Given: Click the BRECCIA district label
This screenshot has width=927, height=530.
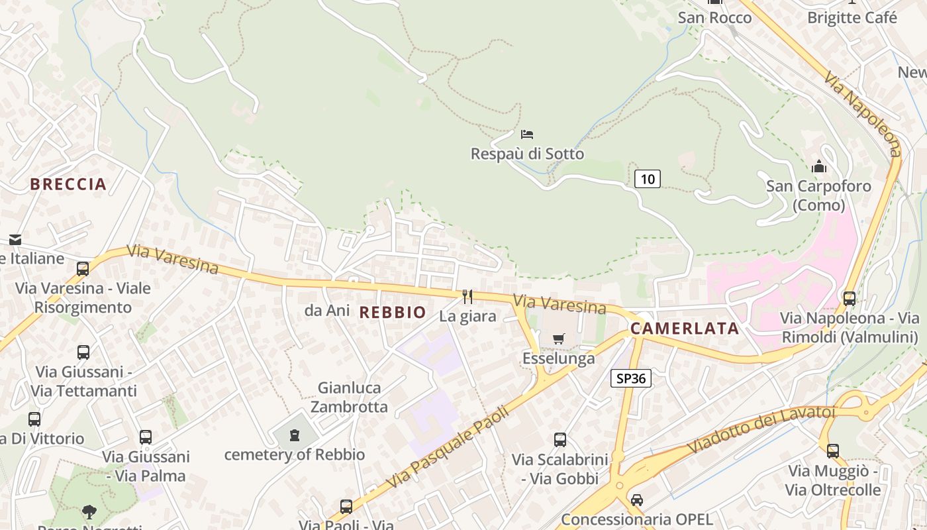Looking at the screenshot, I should (x=68, y=184).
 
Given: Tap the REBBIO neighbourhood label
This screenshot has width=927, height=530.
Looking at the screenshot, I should (x=393, y=313).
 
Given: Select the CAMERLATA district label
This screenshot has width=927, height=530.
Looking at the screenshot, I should (x=685, y=329).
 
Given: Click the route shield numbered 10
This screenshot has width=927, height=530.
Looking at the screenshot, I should (x=647, y=178).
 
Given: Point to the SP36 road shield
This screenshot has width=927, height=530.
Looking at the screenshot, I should (x=630, y=378).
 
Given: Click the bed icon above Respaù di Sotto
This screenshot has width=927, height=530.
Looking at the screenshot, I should (x=527, y=134).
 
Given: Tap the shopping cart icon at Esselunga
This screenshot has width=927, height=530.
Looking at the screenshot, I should (x=558, y=339).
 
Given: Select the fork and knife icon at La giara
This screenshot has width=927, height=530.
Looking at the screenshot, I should (x=467, y=296).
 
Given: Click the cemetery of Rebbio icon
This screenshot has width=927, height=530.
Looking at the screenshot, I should (x=294, y=435).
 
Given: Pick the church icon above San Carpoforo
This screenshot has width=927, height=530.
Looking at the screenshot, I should (x=819, y=166).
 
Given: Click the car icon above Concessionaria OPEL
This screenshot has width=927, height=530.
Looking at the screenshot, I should (x=636, y=500).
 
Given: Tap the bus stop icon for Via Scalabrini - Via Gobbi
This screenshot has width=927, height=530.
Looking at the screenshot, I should (x=560, y=439).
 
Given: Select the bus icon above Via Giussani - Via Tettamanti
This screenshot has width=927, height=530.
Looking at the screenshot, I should (x=83, y=352).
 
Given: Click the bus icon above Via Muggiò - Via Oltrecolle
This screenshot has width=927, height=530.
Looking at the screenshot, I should (x=832, y=451).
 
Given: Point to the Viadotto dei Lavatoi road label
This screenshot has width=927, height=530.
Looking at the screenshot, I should (x=761, y=430).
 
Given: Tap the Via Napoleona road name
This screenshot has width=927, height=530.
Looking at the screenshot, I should (x=863, y=114).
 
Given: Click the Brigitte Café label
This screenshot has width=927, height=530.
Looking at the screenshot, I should (x=852, y=18).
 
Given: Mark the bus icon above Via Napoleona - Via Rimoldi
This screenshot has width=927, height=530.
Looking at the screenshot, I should (x=849, y=299).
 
